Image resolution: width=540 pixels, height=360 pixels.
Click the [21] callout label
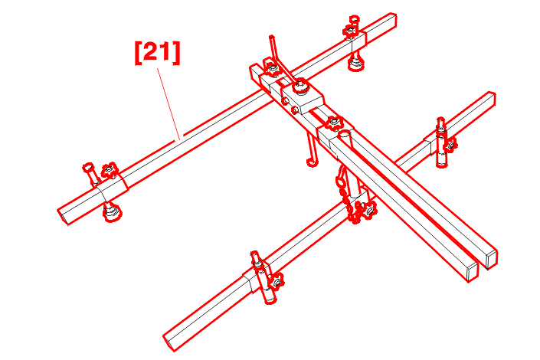pos(157,52)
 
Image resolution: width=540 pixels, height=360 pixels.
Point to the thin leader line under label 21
pos(169,103)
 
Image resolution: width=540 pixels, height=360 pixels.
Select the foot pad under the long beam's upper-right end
pos(355,63)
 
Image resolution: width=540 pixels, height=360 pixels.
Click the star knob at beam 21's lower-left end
pos(110,170)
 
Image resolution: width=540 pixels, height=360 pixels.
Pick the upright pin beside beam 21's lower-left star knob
pos(91,175)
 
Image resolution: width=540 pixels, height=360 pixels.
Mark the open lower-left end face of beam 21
pos(64,216)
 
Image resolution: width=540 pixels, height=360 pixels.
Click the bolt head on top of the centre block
pos(301,85)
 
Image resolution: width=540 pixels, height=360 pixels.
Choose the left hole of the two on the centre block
pos(285,101)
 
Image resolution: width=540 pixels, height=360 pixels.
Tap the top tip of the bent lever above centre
pos(271,36)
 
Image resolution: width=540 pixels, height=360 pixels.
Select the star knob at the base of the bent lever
pos(272,69)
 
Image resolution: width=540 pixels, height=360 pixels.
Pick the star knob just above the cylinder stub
pos(334,123)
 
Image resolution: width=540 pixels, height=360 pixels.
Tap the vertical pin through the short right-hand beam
pos(441,142)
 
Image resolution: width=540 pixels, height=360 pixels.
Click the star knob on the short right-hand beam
pos(451,144)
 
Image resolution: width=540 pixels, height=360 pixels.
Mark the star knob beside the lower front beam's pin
pos(277,281)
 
